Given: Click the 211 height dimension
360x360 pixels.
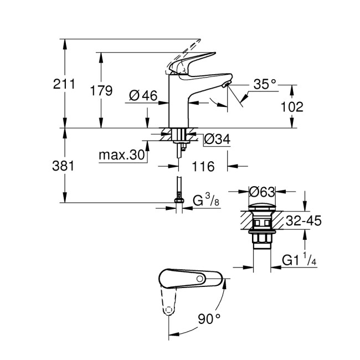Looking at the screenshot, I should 64,85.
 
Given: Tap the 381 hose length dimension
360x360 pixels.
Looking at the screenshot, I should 64,166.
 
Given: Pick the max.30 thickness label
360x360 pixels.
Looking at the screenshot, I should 122,155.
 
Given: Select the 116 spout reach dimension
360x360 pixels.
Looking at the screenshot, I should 203,165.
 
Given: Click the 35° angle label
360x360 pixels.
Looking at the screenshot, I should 264,84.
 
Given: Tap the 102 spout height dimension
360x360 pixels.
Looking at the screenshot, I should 292,107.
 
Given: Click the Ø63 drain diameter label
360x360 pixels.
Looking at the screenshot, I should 262,193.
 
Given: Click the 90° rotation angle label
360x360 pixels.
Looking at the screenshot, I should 209,318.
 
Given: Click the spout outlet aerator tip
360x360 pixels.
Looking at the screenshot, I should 224,85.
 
